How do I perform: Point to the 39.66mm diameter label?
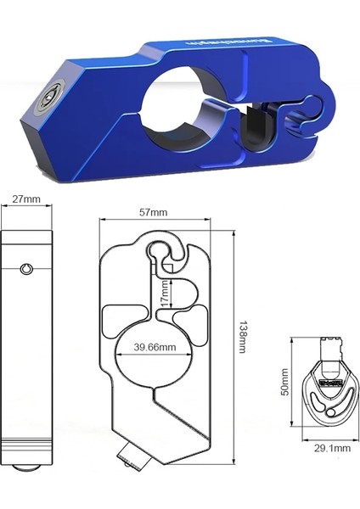pyautogui.click(x=155, y=347)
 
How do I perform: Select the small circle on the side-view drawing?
pyautogui.click(x=27, y=270)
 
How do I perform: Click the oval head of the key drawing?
pyautogui.click(x=327, y=394)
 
